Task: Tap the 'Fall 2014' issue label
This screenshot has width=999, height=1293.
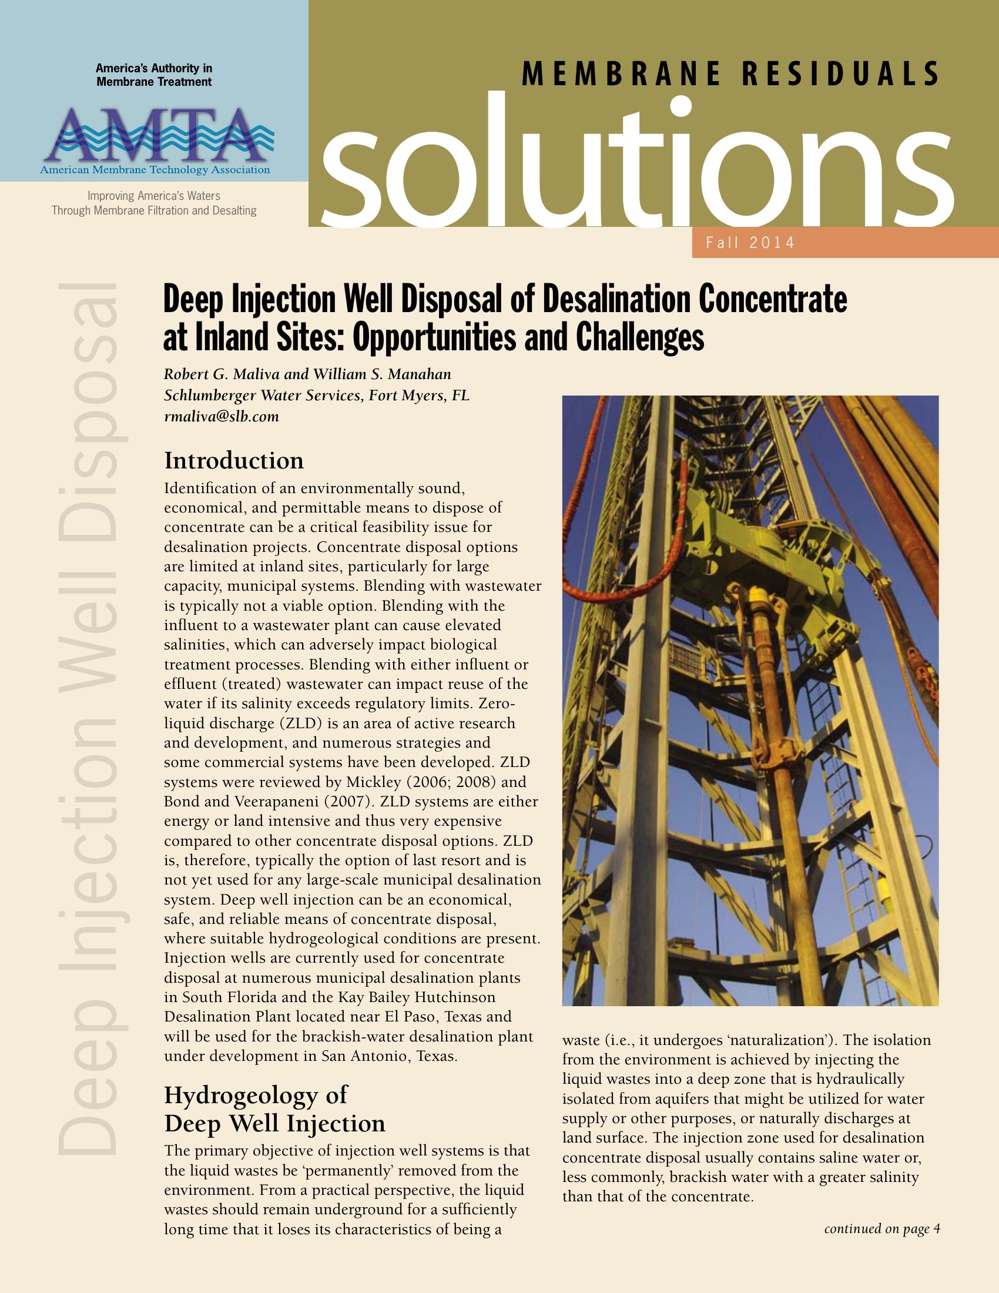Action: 750,243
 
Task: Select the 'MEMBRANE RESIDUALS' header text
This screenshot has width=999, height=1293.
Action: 730,75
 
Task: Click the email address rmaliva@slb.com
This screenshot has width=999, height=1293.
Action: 222,417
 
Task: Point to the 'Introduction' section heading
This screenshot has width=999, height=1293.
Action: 234,461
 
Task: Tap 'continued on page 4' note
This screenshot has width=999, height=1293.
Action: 882,1228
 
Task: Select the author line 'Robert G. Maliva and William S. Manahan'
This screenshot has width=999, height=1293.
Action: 307,374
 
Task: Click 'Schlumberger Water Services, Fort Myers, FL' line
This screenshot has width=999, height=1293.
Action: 317,396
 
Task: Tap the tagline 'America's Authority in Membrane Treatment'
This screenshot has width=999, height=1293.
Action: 154,75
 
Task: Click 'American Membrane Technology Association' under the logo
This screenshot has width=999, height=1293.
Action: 155,170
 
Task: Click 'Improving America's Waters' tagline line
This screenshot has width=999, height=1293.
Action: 154,196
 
